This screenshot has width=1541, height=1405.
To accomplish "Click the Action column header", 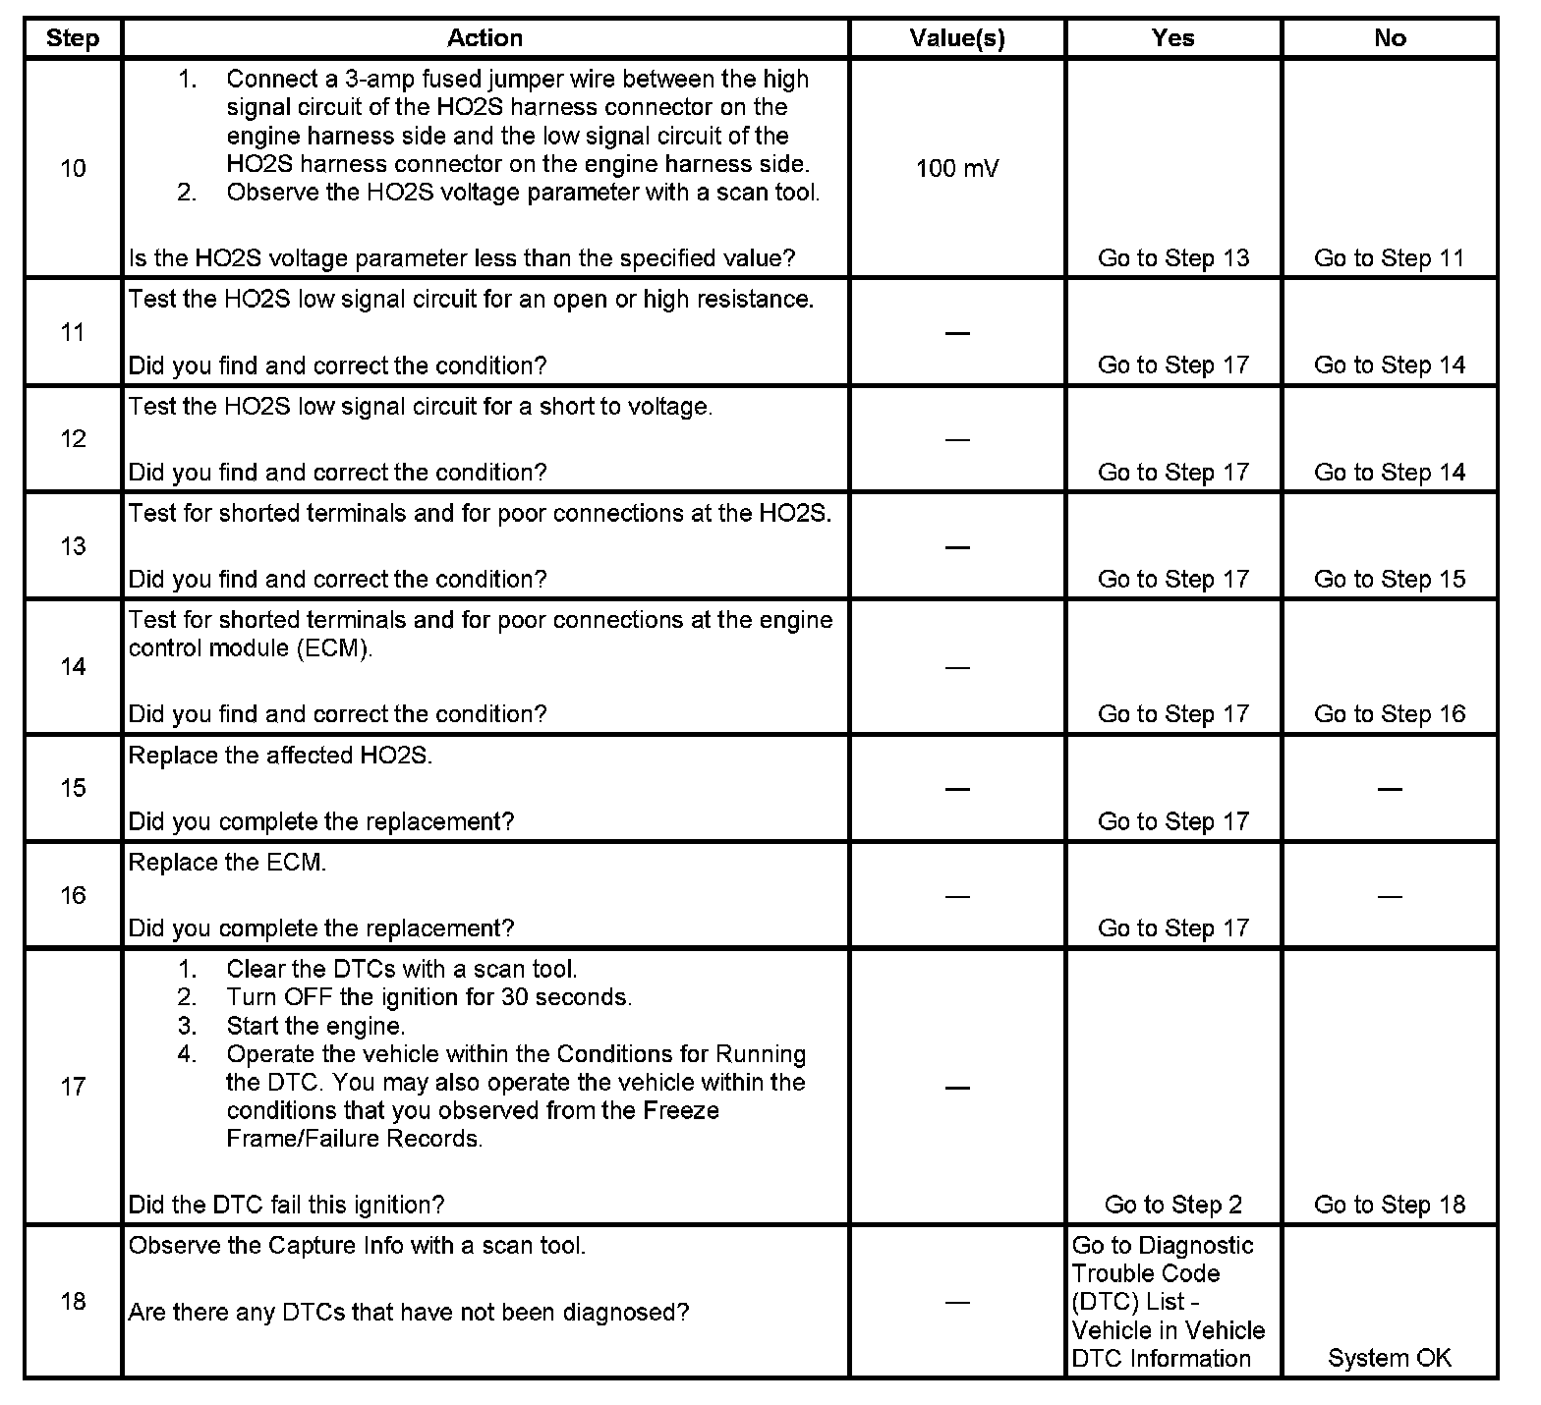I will click(x=485, y=38).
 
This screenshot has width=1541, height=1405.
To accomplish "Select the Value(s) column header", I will click(x=956, y=38).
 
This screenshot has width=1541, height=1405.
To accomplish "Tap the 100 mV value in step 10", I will click(x=956, y=168).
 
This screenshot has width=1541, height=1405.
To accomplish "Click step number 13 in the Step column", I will click(x=73, y=546).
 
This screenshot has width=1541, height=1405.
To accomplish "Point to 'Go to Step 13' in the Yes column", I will click(x=1172, y=258).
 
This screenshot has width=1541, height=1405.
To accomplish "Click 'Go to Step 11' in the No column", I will click(x=1389, y=258).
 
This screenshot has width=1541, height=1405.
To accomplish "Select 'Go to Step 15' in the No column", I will click(x=1389, y=580).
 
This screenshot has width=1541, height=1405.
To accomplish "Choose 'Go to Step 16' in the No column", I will click(x=1389, y=714).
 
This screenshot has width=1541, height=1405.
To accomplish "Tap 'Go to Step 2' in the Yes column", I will click(x=1172, y=1205).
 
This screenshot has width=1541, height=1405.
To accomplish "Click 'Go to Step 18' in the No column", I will click(x=1389, y=1205).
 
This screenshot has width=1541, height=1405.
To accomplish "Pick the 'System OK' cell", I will click(x=1389, y=1358).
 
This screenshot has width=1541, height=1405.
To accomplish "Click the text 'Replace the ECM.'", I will click(x=227, y=863).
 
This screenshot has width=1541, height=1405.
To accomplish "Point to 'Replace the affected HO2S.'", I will click(x=280, y=756).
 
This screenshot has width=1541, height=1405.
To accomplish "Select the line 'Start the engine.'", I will click(x=315, y=1026).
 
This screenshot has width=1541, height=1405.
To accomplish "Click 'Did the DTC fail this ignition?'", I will click(x=286, y=1205).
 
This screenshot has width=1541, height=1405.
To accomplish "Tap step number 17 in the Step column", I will click(x=73, y=1087).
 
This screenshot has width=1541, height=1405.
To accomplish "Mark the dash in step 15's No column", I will click(x=1389, y=789).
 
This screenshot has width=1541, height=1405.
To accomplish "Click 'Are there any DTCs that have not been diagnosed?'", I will click(x=408, y=1312).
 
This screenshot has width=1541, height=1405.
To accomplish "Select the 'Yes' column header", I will click(x=1172, y=38).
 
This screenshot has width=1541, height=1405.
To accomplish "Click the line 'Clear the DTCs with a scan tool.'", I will click(x=402, y=970).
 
